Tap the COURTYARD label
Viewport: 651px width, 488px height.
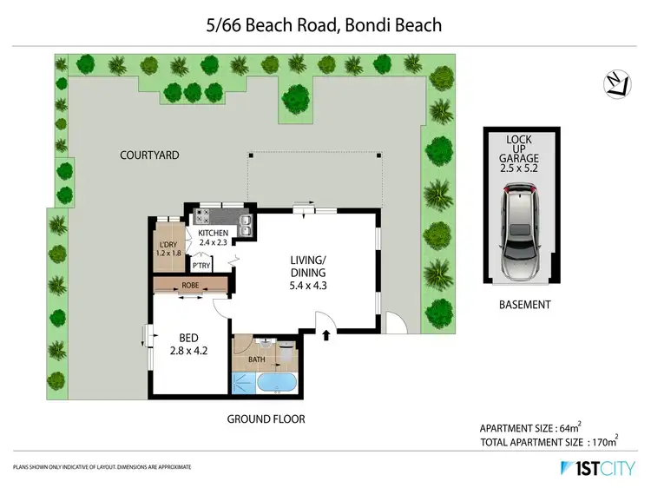click(x=149, y=155)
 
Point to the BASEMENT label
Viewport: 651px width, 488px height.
click(x=523, y=304)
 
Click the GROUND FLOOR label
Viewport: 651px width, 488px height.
click(x=266, y=419)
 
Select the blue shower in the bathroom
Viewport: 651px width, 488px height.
click(x=243, y=383)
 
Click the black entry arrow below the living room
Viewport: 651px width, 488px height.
click(x=326, y=334)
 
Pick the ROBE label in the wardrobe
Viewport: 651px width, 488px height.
click(x=191, y=285)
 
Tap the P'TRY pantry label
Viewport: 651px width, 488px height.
click(x=202, y=266)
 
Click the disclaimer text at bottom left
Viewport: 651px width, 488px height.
click(x=102, y=468)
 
